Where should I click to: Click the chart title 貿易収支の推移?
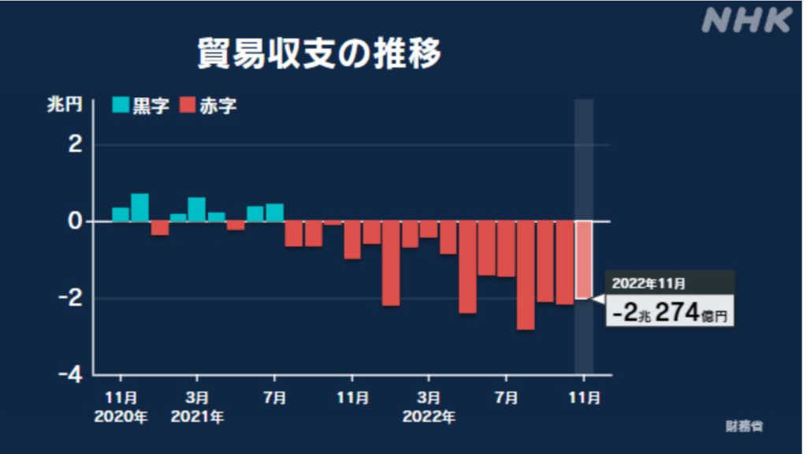(x=318, y=54)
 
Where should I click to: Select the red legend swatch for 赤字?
(x=188, y=106)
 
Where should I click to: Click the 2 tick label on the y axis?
(x=76, y=145)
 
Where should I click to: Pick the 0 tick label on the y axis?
(x=76, y=221)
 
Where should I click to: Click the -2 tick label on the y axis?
(x=71, y=298)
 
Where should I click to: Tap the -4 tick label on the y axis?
(x=71, y=374)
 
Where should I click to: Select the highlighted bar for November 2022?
(x=583, y=260)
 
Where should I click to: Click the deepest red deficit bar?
(x=526, y=275)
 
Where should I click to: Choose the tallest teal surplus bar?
(x=139, y=207)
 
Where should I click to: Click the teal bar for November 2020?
(x=121, y=214)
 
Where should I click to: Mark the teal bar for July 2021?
(x=274, y=213)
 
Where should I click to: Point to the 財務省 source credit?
(x=745, y=426)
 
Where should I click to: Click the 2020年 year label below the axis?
(x=121, y=415)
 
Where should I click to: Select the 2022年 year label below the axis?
(x=429, y=415)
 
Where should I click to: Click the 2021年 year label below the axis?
(x=198, y=415)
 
